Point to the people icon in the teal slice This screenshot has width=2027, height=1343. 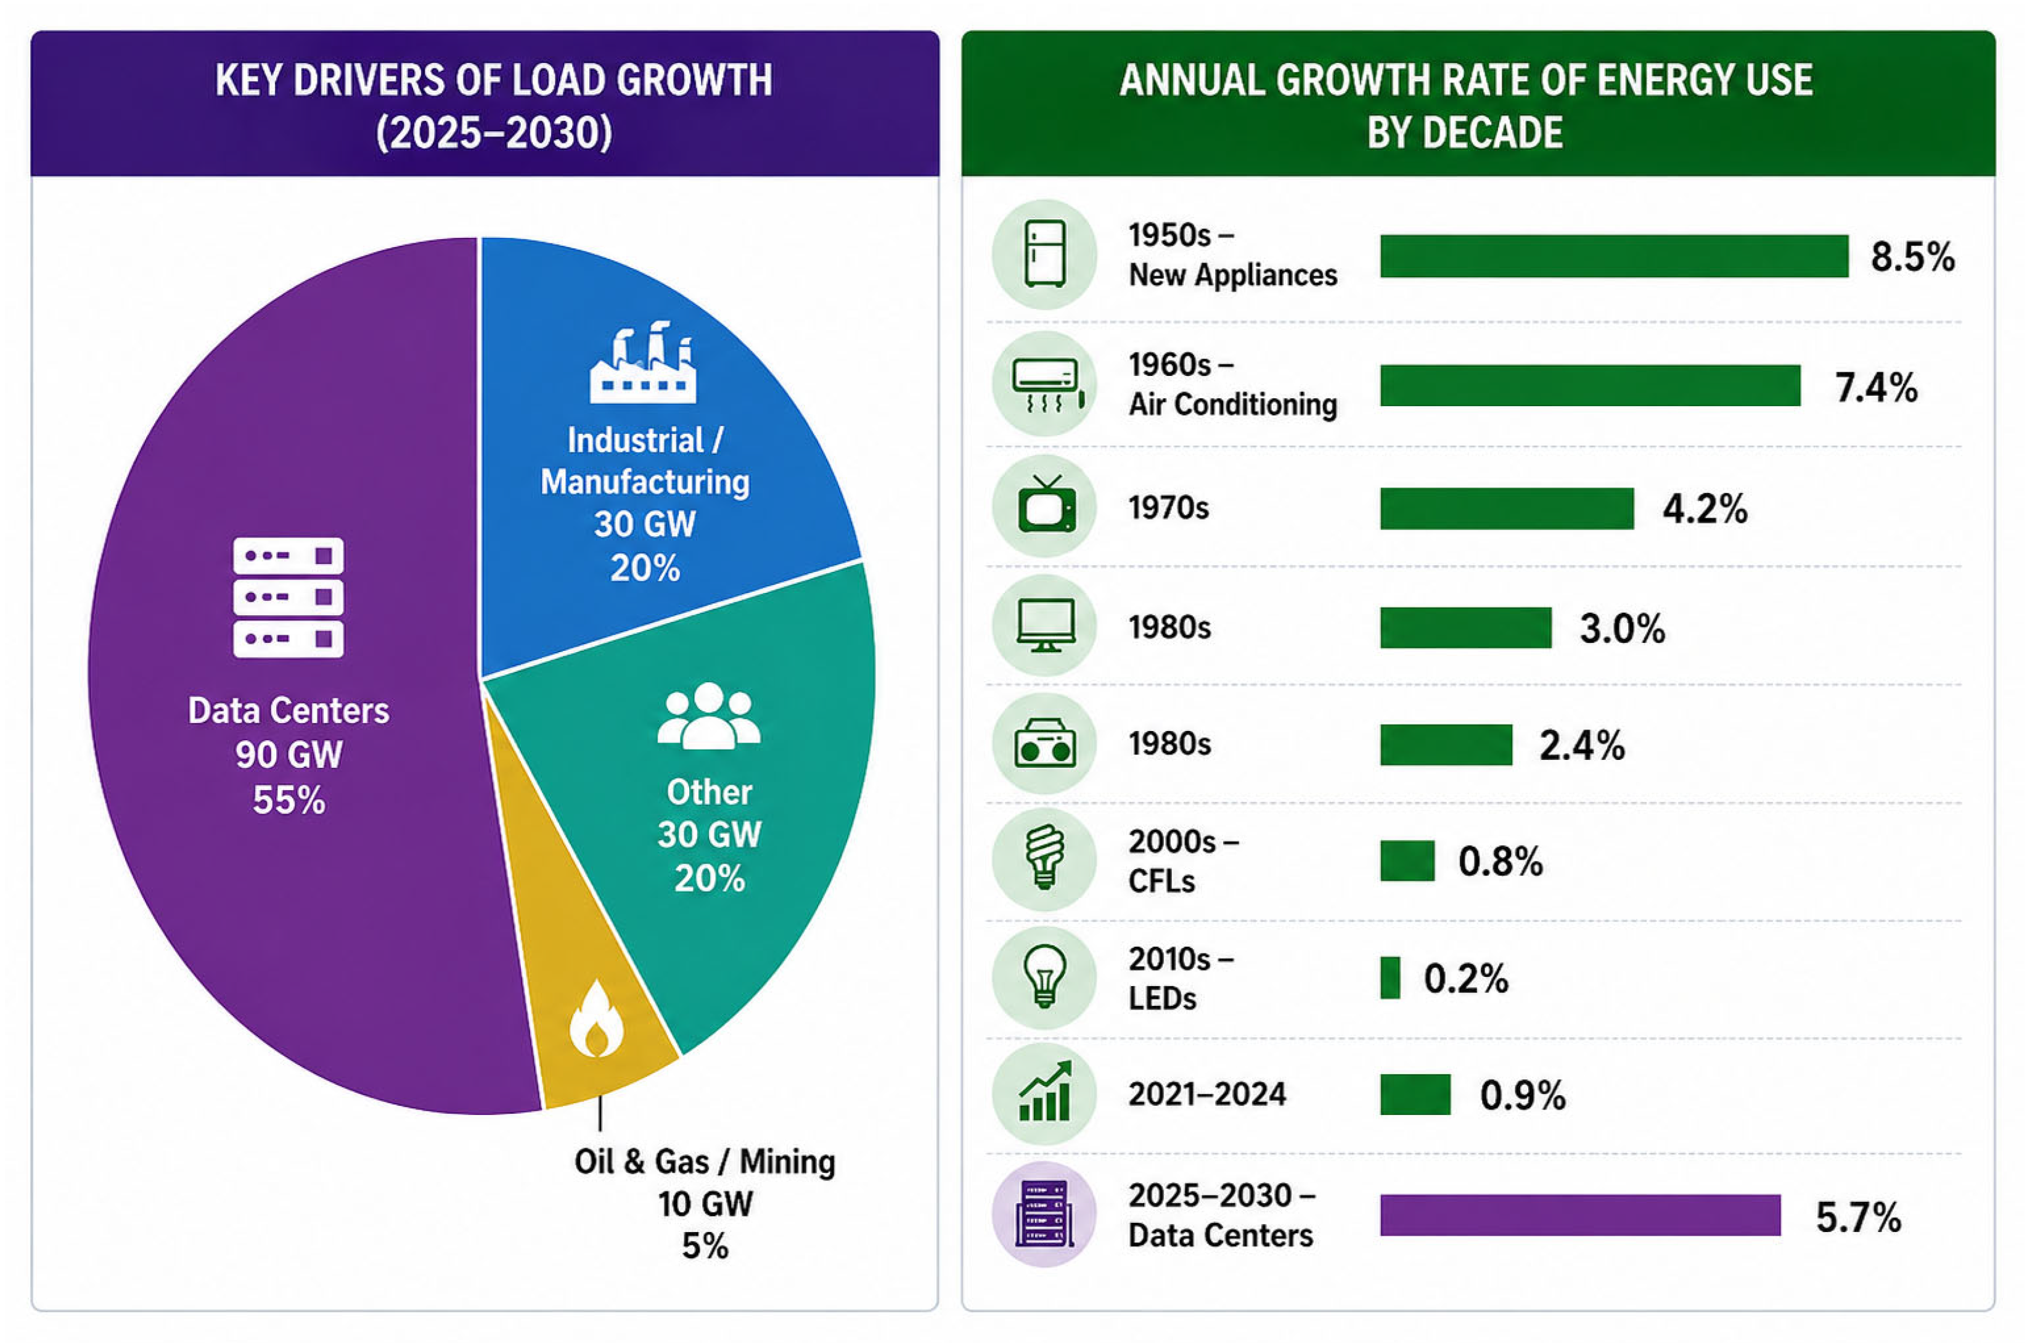(708, 715)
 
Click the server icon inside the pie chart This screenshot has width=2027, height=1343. (289, 597)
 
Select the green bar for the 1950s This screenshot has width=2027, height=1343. (1614, 256)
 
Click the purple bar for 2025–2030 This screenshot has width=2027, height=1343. (1580, 1215)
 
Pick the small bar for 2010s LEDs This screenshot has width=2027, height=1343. (1390, 978)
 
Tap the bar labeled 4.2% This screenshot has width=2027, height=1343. (1507, 508)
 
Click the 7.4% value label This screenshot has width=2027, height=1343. (1876, 387)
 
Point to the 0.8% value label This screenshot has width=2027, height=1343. (1500, 861)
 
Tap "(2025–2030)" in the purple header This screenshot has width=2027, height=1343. (494, 133)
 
